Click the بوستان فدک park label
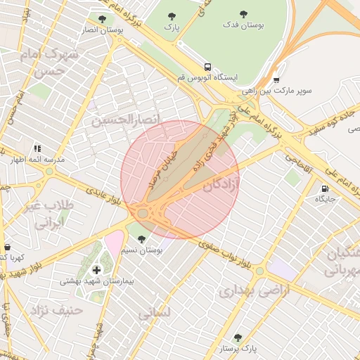tap(243, 25)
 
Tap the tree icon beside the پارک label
tap(168, 16)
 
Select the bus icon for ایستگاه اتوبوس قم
tap(206, 66)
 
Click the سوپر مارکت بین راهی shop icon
tap(276, 80)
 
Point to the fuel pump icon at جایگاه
tap(323, 188)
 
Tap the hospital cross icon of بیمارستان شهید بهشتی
tap(96, 269)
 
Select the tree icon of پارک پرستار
tap(238, 337)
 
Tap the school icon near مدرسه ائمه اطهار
tap(37, 148)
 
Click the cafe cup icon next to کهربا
tap(8, 247)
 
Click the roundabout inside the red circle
tap(144, 212)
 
